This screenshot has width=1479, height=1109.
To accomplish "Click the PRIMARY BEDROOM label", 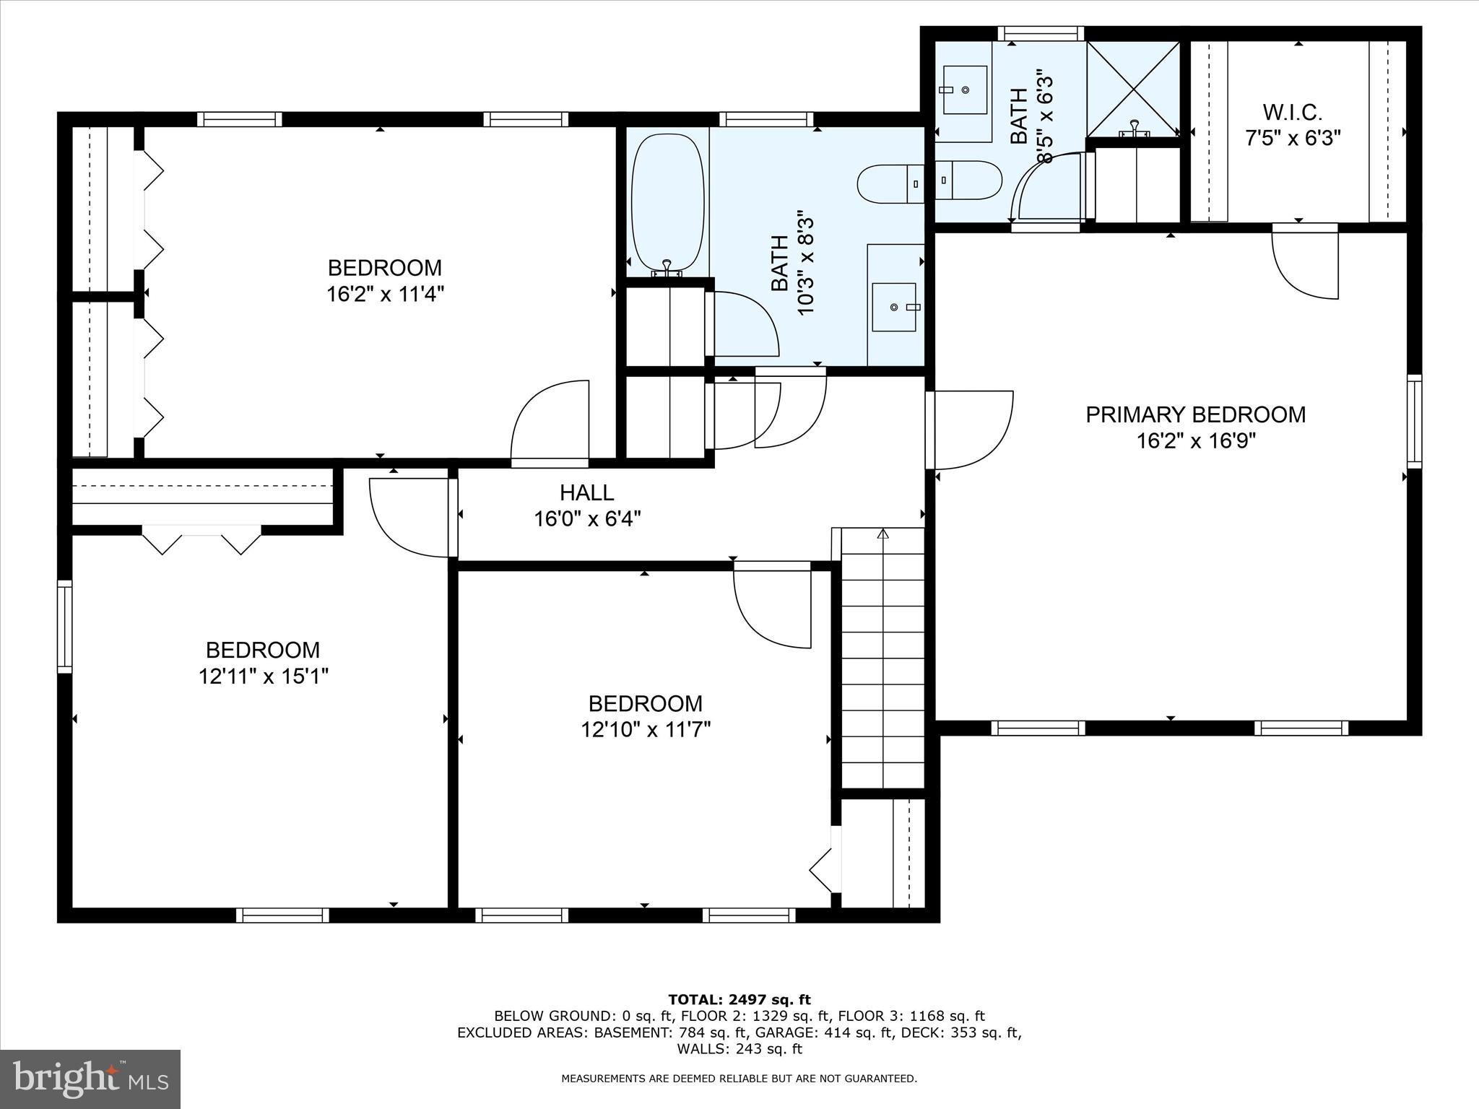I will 1195,414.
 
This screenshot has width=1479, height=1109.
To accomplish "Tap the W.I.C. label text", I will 1292,113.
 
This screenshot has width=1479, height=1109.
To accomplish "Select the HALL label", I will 586,493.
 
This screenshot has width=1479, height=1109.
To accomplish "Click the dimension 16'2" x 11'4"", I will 384,295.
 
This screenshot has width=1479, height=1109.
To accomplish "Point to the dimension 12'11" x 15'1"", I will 264,677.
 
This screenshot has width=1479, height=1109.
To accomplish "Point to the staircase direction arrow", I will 882,535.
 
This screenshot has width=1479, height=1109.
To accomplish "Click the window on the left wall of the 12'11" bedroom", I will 65,627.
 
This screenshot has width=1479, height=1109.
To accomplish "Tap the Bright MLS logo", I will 90,1079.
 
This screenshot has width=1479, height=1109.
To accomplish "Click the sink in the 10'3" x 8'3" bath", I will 895,307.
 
